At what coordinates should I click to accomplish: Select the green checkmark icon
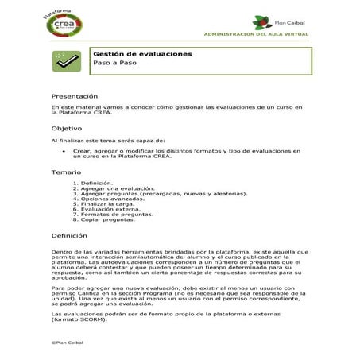click(64, 59)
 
